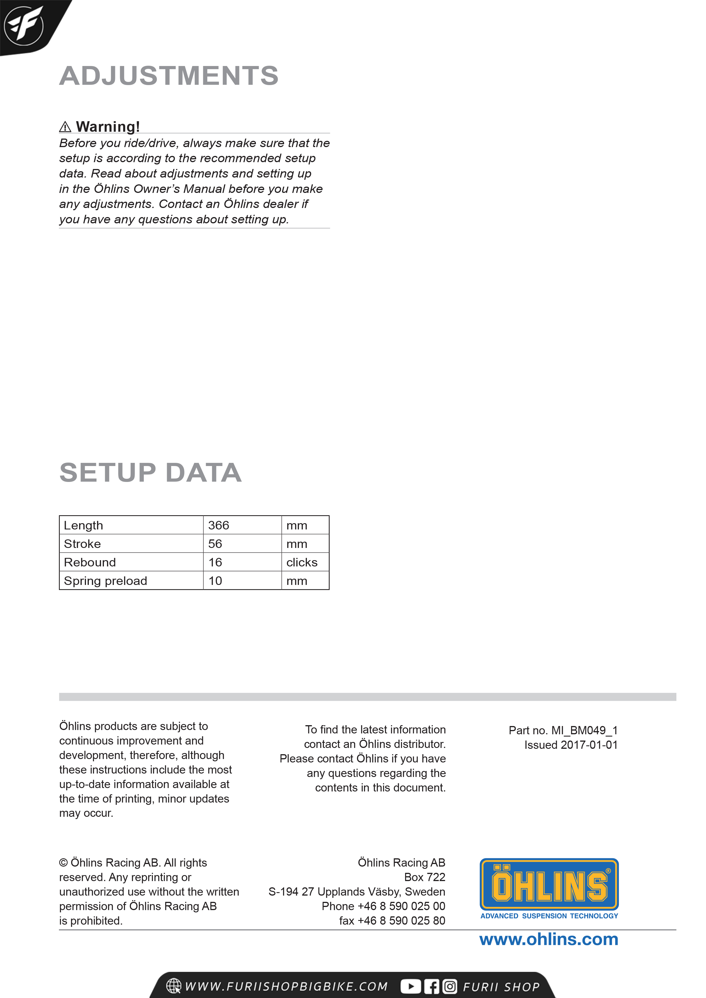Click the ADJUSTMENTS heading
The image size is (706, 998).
[x=169, y=76]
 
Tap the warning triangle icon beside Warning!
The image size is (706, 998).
[x=65, y=127]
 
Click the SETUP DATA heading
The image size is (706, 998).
[x=151, y=473]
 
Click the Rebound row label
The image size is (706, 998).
[x=90, y=562]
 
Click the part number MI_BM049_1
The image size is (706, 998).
[x=584, y=730]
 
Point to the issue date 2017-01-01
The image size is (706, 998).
[x=589, y=745]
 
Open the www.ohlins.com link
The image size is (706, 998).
[x=549, y=940]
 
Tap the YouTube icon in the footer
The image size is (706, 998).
[x=410, y=986]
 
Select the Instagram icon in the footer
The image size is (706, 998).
[x=450, y=986]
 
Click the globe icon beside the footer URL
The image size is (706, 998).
[x=174, y=986]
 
